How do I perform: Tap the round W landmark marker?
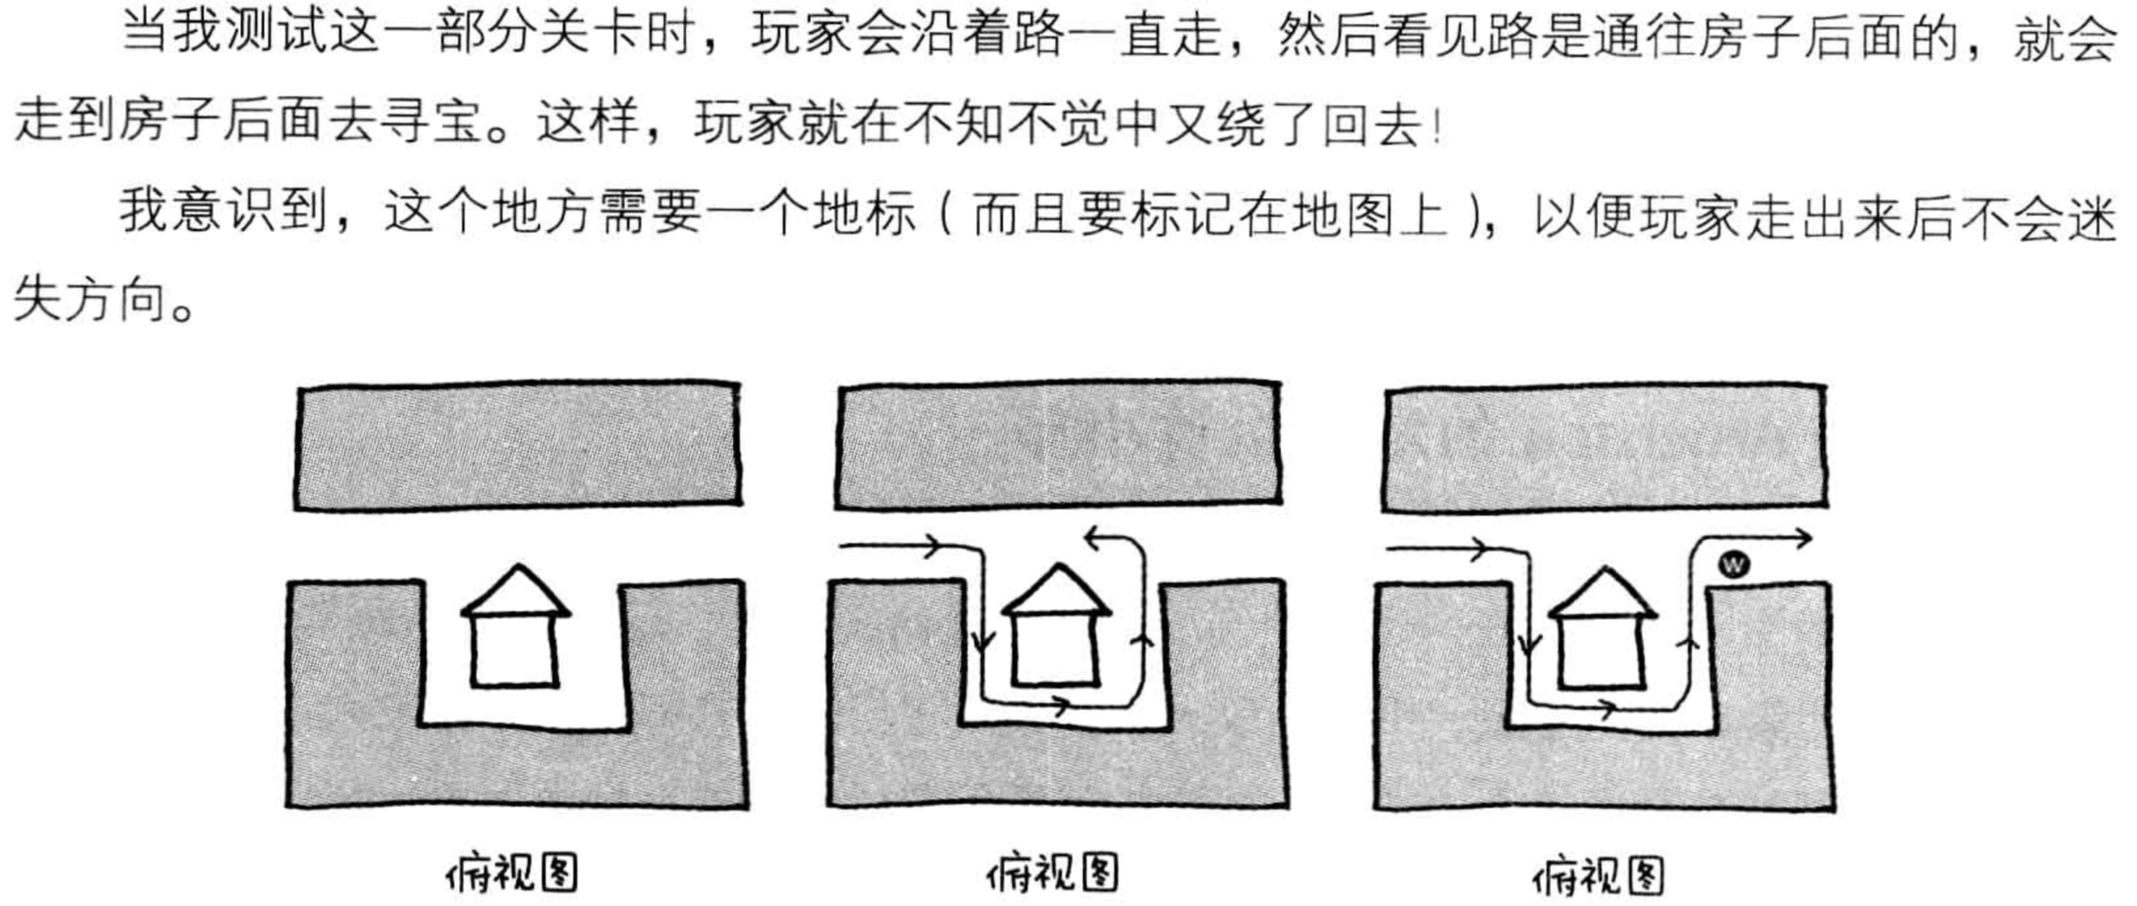point(1733,564)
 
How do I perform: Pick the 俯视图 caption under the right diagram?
point(1597,876)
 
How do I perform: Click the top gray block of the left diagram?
point(518,446)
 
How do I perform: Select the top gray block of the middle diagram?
point(1058,446)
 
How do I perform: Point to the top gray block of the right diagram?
point(1603,448)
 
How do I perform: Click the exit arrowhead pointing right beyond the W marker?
point(1800,538)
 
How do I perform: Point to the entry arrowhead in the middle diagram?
point(932,546)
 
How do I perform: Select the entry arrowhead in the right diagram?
point(1478,550)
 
